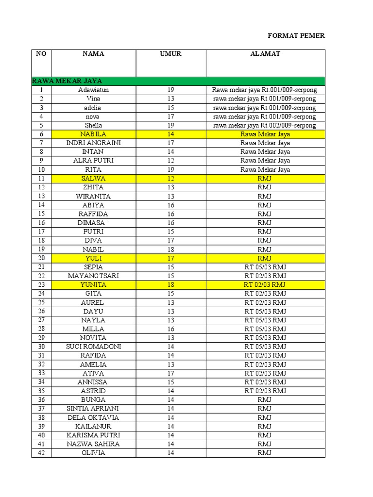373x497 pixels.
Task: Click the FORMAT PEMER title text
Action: [296, 36]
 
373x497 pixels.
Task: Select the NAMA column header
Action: [93, 54]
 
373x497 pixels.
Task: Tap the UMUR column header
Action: [170, 54]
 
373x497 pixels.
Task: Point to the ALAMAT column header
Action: [265, 54]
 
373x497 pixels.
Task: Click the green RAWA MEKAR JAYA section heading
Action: [67, 81]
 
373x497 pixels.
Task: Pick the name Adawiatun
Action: [93, 90]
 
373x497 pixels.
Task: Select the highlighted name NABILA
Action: [93, 134]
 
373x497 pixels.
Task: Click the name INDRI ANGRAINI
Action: [93, 143]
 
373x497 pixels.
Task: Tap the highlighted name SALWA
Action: [93, 178]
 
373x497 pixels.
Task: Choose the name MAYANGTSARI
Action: [93, 276]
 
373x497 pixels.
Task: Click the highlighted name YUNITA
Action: [93, 284]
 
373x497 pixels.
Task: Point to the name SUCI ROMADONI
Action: [93, 347]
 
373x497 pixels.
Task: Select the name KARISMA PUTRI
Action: [93, 435]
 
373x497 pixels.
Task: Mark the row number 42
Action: [41, 453]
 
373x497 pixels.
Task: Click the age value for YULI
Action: [170, 258]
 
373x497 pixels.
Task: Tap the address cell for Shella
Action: [265, 125]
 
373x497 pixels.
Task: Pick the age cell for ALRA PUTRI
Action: [170, 161]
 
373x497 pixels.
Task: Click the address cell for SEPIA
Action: [265, 267]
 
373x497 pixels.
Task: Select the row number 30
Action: [41, 347]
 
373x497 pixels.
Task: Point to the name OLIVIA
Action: [93, 453]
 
